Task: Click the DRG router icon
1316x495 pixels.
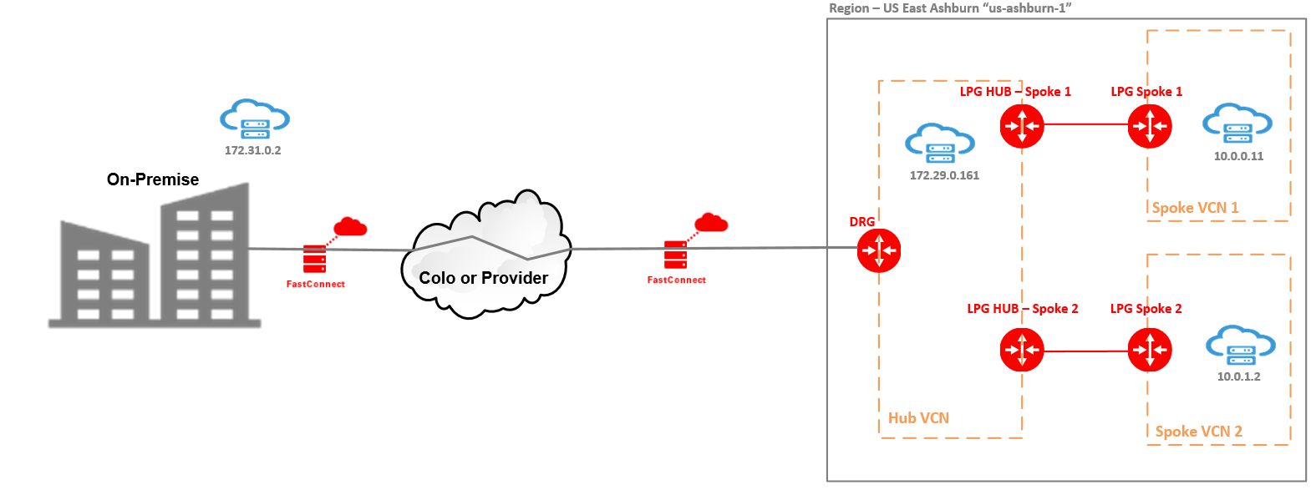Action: point(879,250)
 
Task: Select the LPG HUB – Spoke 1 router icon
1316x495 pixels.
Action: point(1022,127)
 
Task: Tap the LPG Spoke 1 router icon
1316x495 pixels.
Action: point(1150,127)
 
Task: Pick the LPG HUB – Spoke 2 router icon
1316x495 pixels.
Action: point(1022,351)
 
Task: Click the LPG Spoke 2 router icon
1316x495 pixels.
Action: point(1150,351)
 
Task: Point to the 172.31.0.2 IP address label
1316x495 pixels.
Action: point(252,151)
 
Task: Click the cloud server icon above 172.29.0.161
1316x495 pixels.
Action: point(940,144)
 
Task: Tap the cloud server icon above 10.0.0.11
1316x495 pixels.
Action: point(1237,124)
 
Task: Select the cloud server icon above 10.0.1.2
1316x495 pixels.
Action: point(1241,346)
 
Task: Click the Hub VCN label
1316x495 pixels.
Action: point(918,418)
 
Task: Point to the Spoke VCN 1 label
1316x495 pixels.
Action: point(1195,208)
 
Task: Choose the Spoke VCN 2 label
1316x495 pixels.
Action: point(1198,432)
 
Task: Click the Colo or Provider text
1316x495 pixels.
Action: point(483,278)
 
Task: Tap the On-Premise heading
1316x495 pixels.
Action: point(153,179)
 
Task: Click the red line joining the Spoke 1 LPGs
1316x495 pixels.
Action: point(1086,124)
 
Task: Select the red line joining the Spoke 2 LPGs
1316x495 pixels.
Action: point(1086,351)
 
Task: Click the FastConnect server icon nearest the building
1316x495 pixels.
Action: point(315,259)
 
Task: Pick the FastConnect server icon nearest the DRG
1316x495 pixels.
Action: point(675,255)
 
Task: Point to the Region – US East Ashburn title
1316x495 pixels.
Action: point(950,8)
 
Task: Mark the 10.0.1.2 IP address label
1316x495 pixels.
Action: point(1238,376)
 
